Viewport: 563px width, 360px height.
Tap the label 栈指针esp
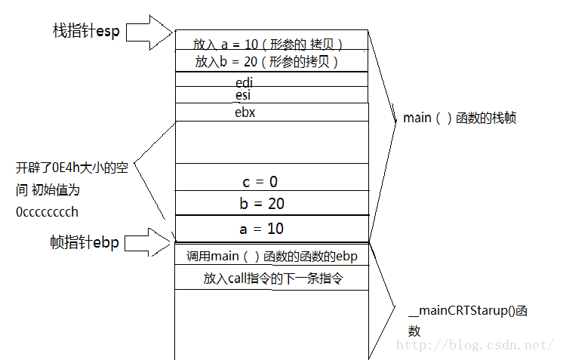pos(86,31)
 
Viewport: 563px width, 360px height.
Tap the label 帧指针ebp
pos(85,242)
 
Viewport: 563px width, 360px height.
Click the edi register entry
pos(244,81)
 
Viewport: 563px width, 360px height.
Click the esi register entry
pos(243,95)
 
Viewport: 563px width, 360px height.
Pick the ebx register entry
pos(245,112)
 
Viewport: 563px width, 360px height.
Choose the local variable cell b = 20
pos(263,204)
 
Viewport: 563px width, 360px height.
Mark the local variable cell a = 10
pos(263,228)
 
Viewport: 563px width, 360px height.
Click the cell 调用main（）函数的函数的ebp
pos(272,257)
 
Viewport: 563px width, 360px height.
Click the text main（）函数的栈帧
pos(460,118)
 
